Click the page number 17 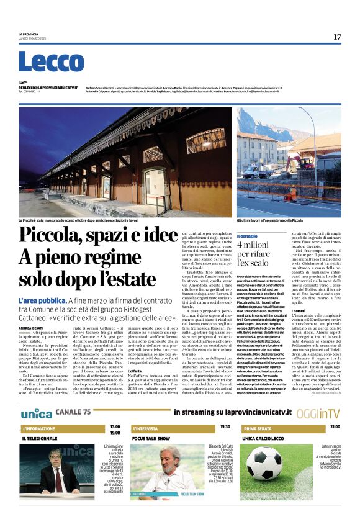(x=337, y=37)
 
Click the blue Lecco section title (x=42, y=62)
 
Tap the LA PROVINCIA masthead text (x=28, y=34)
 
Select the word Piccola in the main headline (x=51, y=236)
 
